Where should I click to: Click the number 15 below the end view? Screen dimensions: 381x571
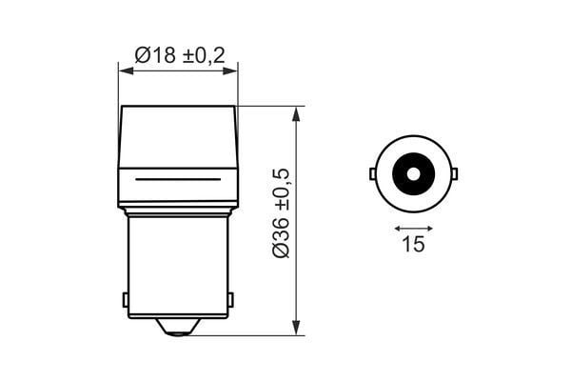click(x=412, y=245)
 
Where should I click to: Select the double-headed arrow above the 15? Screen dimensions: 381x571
click(x=413, y=229)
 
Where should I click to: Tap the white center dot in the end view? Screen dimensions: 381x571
click(x=413, y=173)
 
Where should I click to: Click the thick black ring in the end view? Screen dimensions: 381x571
click(x=413, y=158)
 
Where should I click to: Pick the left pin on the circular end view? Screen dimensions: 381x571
click(x=372, y=173)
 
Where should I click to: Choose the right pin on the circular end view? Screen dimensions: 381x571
click(x=455, y=173)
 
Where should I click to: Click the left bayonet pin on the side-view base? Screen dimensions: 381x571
click(x=126, y=299)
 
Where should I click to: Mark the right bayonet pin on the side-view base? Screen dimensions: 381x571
click(x=230, y=299)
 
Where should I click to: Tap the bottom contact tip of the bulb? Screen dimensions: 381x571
click(x=178, y=328)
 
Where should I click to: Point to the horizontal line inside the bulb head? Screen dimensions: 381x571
click(x=178, y=178)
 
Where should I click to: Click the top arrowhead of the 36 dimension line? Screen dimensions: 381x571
click(x=297, y=113)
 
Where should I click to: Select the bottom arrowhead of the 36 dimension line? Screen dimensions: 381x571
click(x=297, y=328)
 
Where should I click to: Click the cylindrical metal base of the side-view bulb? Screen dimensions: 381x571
click(x=178, y=267)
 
